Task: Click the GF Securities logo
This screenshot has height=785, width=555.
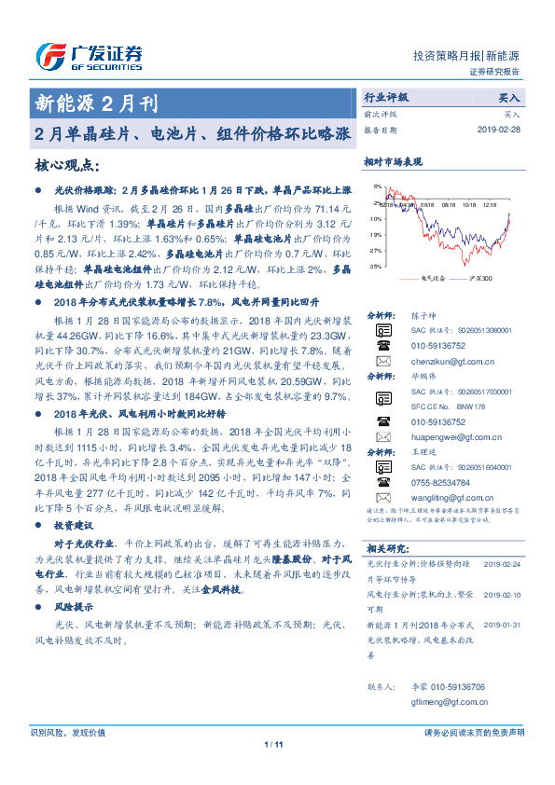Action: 89,57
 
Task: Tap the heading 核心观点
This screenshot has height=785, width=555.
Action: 66,165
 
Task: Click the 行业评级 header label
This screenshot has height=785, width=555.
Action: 385,97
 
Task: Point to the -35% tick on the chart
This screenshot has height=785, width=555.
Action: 375,267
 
